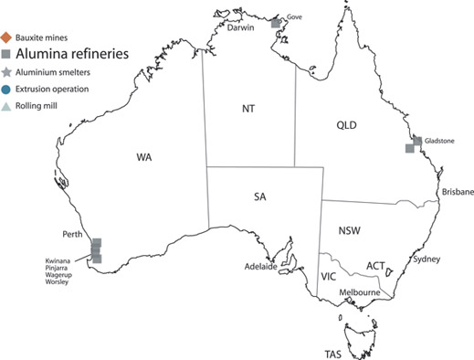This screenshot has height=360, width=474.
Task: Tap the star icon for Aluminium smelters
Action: (x=7, y=71)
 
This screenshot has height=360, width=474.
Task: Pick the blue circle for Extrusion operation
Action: (x=7, y=89)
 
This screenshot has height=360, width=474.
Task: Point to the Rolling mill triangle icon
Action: (x=7, y=106)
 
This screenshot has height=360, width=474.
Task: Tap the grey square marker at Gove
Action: (x=277, y=21)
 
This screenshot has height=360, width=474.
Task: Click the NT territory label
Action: (x=248, y=108)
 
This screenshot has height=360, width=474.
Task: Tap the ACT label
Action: (x=374, y=266)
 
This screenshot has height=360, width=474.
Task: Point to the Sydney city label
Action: (x=427, y=259)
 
